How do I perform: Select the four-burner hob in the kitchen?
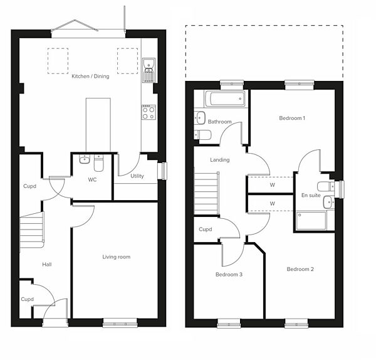pyautogui.click(x=149, y=112)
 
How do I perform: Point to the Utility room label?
pyautogui.click(x=137, y=176)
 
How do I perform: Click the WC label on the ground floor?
pyautogui.click(x=92, y=180)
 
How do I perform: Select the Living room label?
pyautogui.click(x=116, y=257)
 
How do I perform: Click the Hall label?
pyautogui.click(x=46, y=265)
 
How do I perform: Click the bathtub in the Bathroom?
pyautogui.click(x=221, y=100)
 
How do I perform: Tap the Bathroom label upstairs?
pyautogui.click(x=220, y=122)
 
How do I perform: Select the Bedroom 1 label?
pyautogui.click(x=292, y=118)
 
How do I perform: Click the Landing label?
pyautogui.click(x=220, y=160)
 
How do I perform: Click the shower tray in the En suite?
pyautogui.click(x=310, y=220)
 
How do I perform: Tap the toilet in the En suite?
pyautogui.click(x=325, y=186)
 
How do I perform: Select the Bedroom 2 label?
pyautogui.click(x=300, y=269)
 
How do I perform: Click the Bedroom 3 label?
pyautogui.click(x=229, y=275)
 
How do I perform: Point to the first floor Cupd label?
pyautogui.click(x=206, y=230)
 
